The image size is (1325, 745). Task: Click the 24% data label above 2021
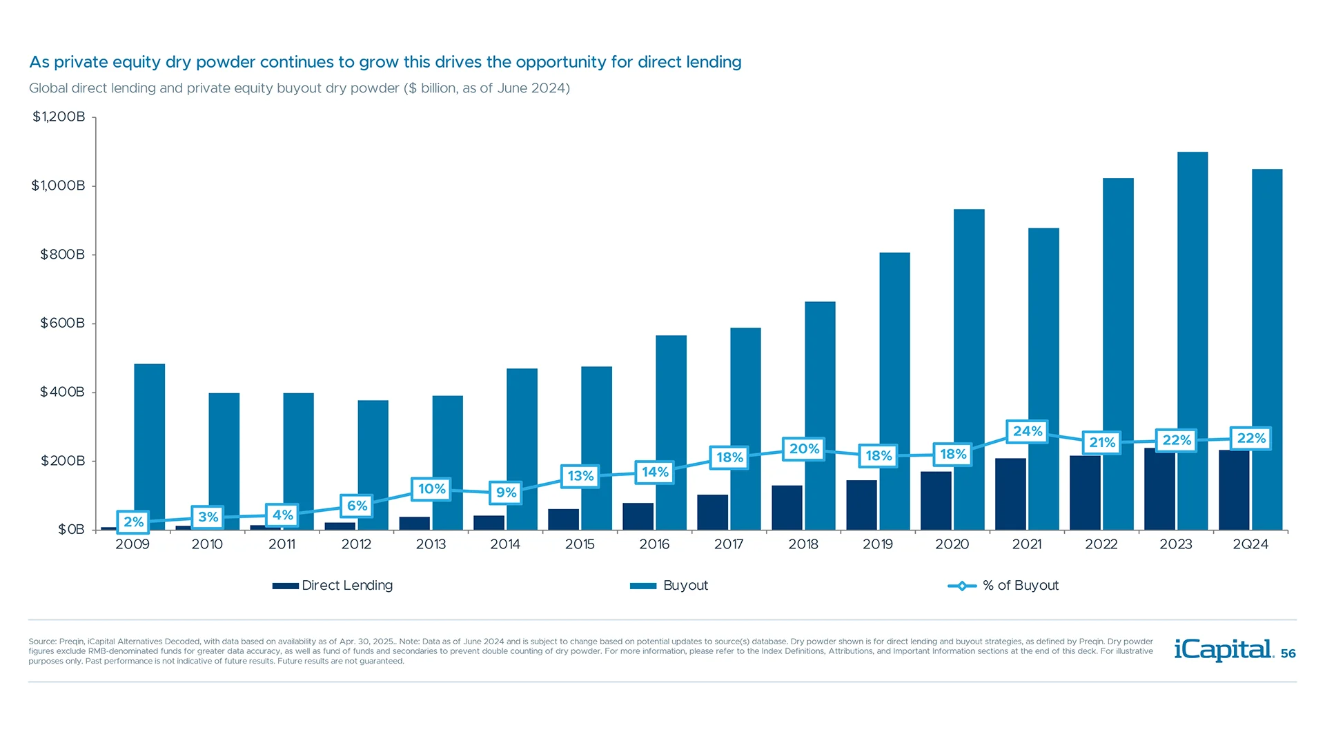pos(1027,432)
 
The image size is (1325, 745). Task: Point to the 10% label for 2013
pos(431,489)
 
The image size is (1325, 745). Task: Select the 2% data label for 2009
pos(133,522)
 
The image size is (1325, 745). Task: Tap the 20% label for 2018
pos(804,449)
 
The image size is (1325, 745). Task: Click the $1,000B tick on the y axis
pos(58,186)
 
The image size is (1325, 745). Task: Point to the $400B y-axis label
pos(62,392)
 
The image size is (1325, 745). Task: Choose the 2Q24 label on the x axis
pos(1250,544)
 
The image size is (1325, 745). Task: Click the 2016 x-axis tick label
pos(654,544)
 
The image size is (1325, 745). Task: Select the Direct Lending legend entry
pos(333,586)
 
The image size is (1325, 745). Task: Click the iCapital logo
pos(1223,650)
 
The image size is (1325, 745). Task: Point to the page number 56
pos(1288,654)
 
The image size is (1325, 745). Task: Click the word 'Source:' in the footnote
pos(42,642)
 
